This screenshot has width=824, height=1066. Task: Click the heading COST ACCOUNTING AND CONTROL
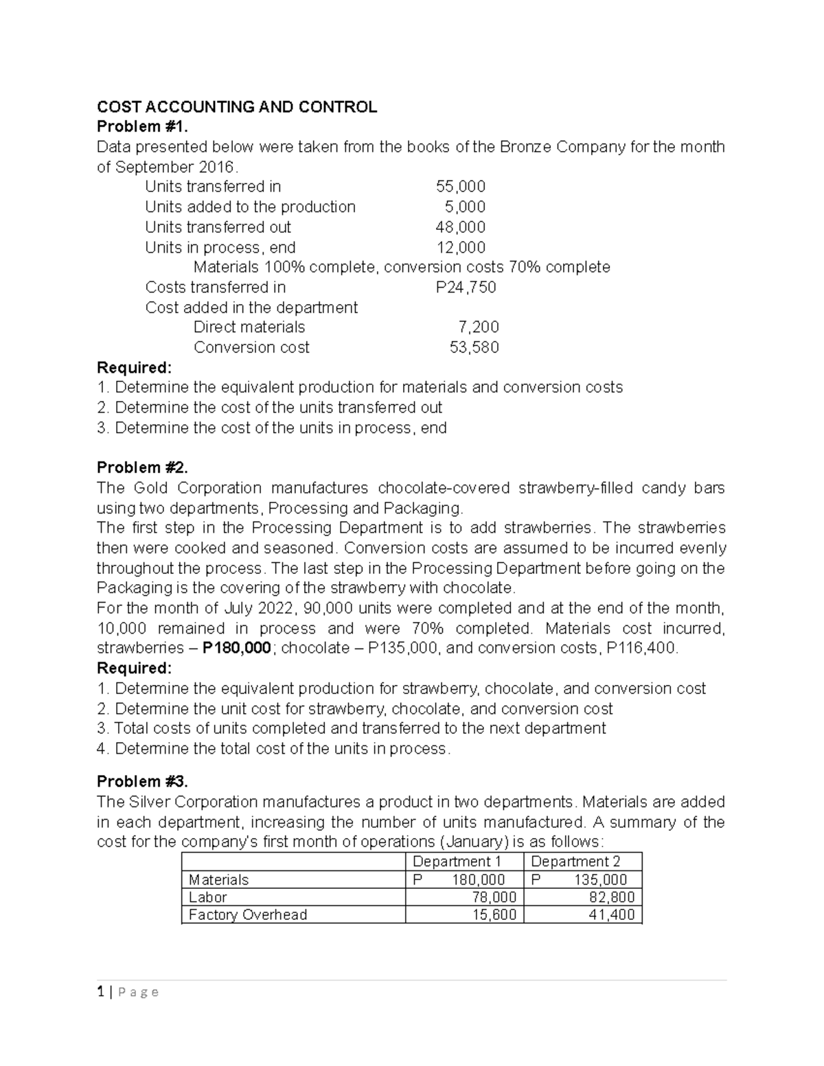(237, 106)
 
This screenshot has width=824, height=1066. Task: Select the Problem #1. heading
(141, 127)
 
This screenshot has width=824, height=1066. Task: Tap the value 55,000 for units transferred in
(461, 187)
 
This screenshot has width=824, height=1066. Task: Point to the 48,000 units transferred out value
(461, 227)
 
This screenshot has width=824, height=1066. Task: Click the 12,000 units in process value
(461, 247)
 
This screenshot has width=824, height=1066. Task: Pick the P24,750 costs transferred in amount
(466, 287)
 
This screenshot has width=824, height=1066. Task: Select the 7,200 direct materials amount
(479, 327)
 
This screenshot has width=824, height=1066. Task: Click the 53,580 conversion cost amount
(474, 347)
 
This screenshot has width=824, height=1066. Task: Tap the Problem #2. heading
(141, 467)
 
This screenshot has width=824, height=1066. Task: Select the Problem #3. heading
(141, 781)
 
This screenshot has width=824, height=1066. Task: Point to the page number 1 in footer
(100, 992)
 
